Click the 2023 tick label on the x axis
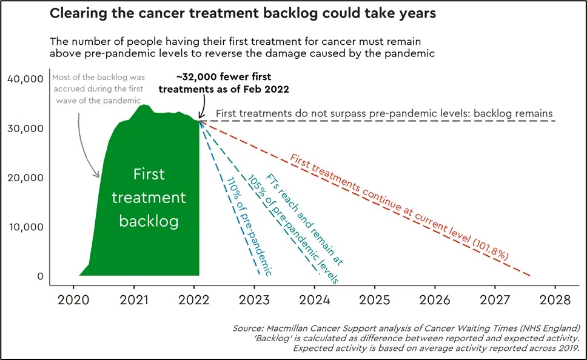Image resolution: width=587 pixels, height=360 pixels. pos(255,300)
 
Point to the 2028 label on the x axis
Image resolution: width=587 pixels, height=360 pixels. pos(554,300)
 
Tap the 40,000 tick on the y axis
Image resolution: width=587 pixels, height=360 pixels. pos(25,78)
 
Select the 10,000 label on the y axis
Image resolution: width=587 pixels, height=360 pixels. pos(25,227)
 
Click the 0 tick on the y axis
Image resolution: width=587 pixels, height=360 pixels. pos(39,276)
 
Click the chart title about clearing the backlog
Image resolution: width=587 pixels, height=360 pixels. pos(243,14)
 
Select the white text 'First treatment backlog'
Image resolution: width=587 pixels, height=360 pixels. pos(149,198)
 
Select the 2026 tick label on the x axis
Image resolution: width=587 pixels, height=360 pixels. pos(434,300)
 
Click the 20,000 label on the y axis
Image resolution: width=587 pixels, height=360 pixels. pos(25,178)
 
